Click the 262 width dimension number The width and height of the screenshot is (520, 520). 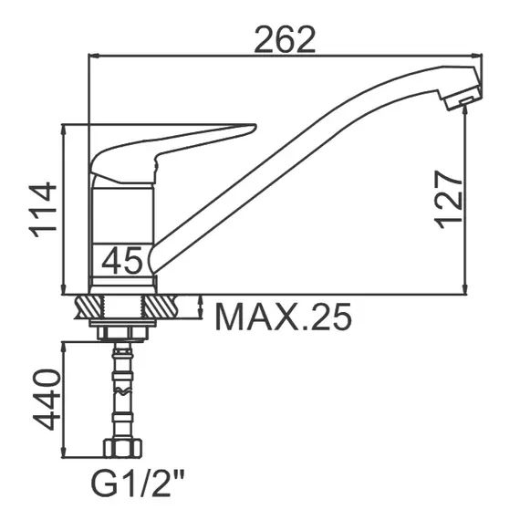point(285,39)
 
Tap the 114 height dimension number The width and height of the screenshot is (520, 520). point(43,210)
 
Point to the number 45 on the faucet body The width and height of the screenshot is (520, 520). point(122,260)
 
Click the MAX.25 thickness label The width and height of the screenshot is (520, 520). point(284,317)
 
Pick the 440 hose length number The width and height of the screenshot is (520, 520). point(47,400)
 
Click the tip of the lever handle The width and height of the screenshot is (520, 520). point(255,126)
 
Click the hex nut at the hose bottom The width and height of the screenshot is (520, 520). point(123,448)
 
